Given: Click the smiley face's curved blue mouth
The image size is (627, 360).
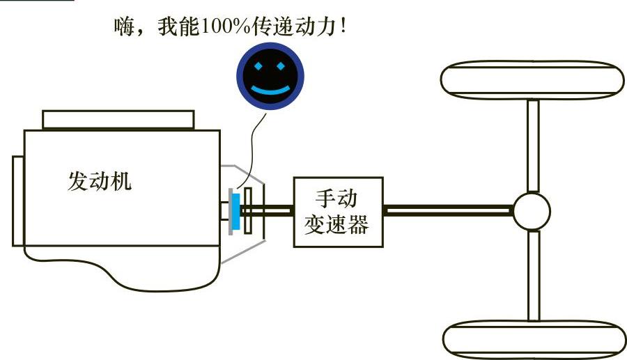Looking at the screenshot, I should pos(270,90).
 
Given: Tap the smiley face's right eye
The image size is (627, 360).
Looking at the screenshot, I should pos(281,67).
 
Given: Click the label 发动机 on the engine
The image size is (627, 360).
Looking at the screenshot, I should pos(100,182).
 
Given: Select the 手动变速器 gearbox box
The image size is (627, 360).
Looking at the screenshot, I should pos(339,212).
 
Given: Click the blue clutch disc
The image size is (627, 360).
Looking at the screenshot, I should pos(236,211).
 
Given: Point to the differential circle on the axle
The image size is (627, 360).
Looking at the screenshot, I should pos(532,210).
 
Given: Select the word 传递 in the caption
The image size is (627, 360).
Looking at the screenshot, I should pos(262,28).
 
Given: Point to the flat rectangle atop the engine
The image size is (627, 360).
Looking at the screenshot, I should pos(118,119).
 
